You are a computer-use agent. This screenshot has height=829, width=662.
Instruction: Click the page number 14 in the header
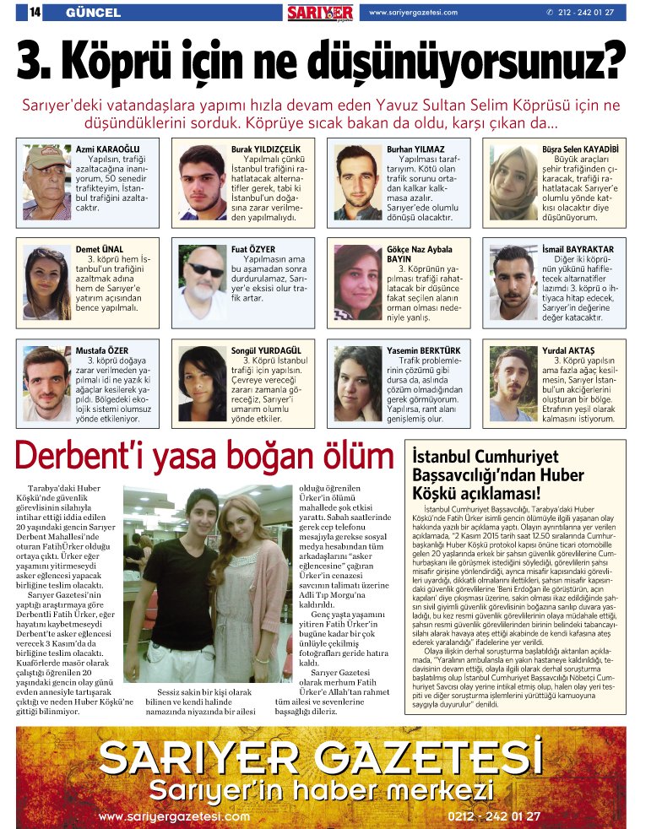[35, 13]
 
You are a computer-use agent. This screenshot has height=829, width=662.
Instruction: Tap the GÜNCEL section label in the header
[93, 13]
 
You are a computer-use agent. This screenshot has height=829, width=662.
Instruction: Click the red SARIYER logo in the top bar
[320, 13]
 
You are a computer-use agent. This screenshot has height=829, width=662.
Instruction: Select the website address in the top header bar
[413, 13]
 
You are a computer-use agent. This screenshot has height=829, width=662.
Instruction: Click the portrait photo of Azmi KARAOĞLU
[46, 182]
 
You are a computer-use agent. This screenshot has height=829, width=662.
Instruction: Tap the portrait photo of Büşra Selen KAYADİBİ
[514, 182]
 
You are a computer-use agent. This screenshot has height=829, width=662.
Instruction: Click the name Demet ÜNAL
[100, 250]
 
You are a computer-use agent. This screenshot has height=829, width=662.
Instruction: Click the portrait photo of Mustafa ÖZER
[46, 383]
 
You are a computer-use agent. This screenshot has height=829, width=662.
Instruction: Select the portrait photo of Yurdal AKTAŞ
[514, 383]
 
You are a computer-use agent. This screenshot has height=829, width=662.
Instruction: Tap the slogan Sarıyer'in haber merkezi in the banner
[321, 790]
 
